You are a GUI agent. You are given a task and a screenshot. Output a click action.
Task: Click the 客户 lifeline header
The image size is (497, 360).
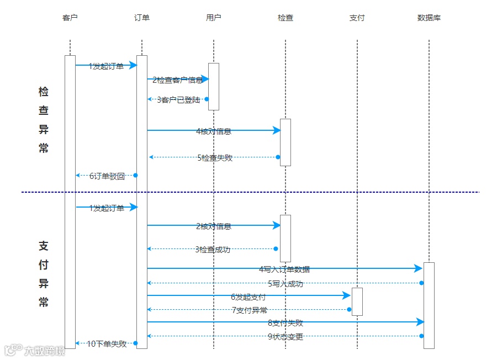[70, 18]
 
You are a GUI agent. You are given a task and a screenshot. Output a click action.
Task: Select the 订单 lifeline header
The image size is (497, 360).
[142, 18]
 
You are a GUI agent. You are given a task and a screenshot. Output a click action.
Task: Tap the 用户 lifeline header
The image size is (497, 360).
[214, 18]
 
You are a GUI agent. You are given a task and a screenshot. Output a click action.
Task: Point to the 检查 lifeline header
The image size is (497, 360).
[285, 18]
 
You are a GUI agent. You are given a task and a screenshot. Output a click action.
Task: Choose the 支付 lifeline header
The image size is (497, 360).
[357, 18]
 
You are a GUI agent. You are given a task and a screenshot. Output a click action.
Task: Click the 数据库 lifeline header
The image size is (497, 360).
[429, 18]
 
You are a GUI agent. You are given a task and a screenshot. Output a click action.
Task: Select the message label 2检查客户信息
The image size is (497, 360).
[178, 80]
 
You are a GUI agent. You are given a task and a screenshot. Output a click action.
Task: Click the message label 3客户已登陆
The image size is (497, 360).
[178, 100]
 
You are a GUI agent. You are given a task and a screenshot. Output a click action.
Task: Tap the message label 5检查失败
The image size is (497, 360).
[215, 158]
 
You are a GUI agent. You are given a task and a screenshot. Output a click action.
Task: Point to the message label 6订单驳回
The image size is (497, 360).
[107, 176]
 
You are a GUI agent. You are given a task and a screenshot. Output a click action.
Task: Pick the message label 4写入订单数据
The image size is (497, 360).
[284, 269]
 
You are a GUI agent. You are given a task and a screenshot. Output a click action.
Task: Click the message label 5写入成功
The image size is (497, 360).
[285, 284]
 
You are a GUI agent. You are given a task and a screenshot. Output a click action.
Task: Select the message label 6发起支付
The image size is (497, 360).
[248, 297]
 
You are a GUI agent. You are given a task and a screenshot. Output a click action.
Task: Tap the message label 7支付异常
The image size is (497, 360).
[250, 310]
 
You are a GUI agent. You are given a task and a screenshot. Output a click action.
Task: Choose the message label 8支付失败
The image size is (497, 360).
[285, 323]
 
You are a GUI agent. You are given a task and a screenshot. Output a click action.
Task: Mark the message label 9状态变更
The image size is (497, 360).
[285, 337]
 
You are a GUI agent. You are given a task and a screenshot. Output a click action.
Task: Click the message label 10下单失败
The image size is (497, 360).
[107, 344]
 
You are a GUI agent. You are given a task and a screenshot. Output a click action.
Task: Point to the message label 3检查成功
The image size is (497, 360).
[213, 250]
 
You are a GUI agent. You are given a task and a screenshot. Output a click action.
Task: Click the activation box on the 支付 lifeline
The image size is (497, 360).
[357, 301]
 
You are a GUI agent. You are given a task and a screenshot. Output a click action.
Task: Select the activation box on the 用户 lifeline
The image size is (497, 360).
[214, 87]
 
